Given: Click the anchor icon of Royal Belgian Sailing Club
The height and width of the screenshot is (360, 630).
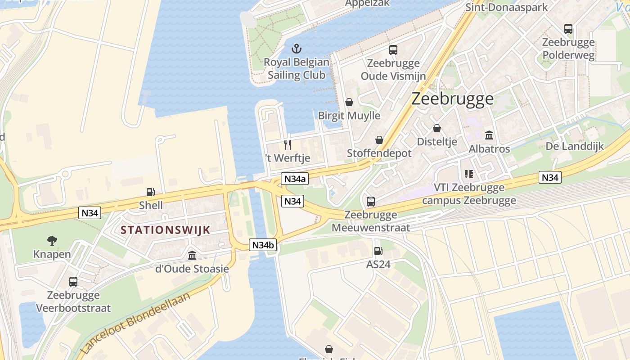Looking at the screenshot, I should click(x=296, y=48).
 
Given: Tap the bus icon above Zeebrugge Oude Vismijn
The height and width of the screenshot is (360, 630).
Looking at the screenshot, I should click(x=393, y=50).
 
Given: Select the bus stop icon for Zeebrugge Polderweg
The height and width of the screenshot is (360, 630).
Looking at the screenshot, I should click(x=568, y=29).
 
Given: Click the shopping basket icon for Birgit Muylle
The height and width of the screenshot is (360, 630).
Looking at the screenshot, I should click(x=349, y=102).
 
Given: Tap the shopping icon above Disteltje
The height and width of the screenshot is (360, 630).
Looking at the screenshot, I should click(x=436, y=128).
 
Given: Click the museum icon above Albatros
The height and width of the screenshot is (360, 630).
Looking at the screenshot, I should click(x=489, y=135).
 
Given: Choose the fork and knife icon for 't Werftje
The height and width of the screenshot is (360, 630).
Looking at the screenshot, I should click(x=288, y=144).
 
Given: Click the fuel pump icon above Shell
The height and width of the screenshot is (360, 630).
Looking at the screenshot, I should click(x=151, y=192).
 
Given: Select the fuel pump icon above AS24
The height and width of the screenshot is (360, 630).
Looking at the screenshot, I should click(x=378, y=251).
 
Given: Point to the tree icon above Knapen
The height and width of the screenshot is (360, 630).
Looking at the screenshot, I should click(x=52, y=241).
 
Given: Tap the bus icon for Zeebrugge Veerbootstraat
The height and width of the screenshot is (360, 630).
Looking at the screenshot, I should click(x=73, y=282).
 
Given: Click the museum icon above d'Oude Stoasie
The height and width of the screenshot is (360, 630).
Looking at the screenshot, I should click(x=192, y=255).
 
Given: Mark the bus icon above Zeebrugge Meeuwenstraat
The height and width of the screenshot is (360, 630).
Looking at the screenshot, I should click(x=371, y=201).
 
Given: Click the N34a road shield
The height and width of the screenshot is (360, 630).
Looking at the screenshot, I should click(x=294, y=179).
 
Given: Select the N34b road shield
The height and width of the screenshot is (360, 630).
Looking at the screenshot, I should click(x=263, y=245).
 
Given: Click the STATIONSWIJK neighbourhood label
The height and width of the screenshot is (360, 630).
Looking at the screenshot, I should click(x=166, y=230).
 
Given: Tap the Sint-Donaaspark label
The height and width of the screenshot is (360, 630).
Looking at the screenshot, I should click(x=506, y=7).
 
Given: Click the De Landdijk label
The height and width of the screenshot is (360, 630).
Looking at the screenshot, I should click(x=575, y=146).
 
